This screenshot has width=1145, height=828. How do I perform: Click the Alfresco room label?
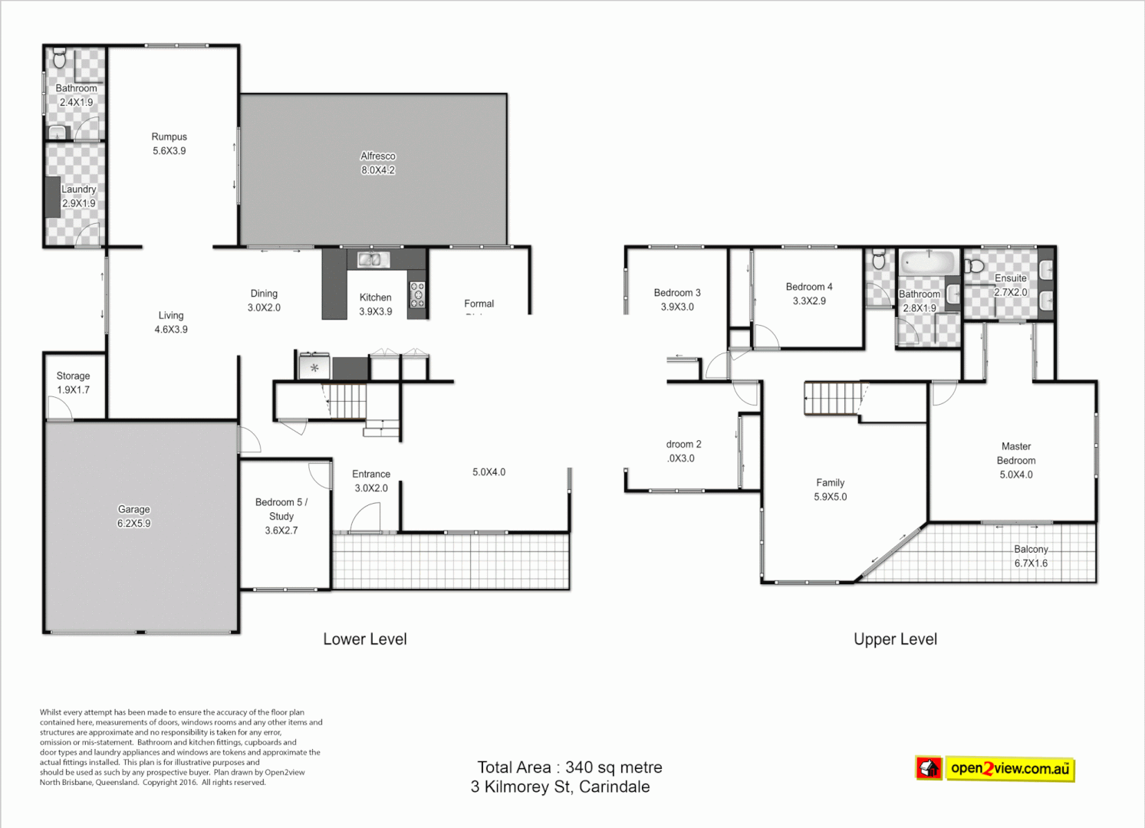click(x=378, y=156)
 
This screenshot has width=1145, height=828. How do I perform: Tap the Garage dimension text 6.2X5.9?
click(x=134, y=524)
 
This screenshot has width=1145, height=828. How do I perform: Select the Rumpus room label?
click(x=169, y=136)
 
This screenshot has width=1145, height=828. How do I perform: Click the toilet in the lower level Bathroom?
click(x=60, y=58)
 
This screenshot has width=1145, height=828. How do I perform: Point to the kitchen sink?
click(x=370, y=260)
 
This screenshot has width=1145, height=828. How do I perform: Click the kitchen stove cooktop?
click(x=417, y=295)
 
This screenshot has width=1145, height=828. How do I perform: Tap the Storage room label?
click(x=73, y=376)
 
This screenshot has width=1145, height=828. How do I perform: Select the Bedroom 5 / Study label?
click(x=281, y=509)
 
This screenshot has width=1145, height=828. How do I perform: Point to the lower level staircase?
click(x=347, y=400)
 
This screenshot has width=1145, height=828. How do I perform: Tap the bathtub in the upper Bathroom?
click(x=928, y=263)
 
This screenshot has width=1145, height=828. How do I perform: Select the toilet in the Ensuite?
click(x=974, y=266)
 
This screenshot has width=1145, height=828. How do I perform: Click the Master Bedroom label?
click(x=1016, y=453)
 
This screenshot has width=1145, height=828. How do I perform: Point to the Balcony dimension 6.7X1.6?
click(x=1031, y=563)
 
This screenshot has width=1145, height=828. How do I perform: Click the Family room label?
click(x=831, y=482)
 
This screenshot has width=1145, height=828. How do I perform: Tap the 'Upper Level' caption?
click(x=895, y=639)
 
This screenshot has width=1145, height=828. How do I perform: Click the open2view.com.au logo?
click(x=995, y=768)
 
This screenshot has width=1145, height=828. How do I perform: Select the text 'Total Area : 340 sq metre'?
click(x=570, y=767)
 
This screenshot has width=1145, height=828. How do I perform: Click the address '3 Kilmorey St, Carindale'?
click(x=561, y=787)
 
